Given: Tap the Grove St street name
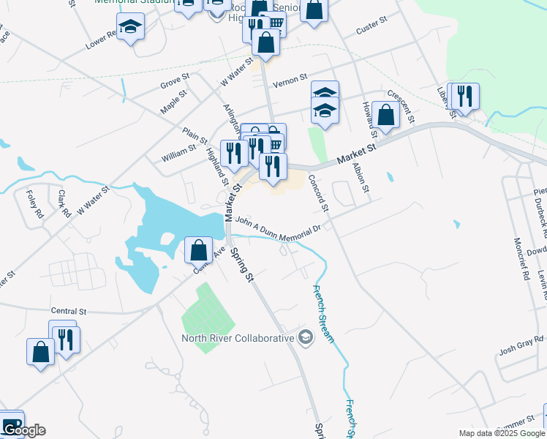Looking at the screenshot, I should click(x=175, y=81).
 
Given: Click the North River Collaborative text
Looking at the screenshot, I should click(x=238, y=338).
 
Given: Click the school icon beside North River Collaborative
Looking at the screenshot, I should click(x=306, y=337).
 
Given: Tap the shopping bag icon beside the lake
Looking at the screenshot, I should click(x=198, y=250).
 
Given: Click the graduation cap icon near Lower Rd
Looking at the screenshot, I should click(x=131, y=27).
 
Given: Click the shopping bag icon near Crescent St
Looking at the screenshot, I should click(x=385, y=115).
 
